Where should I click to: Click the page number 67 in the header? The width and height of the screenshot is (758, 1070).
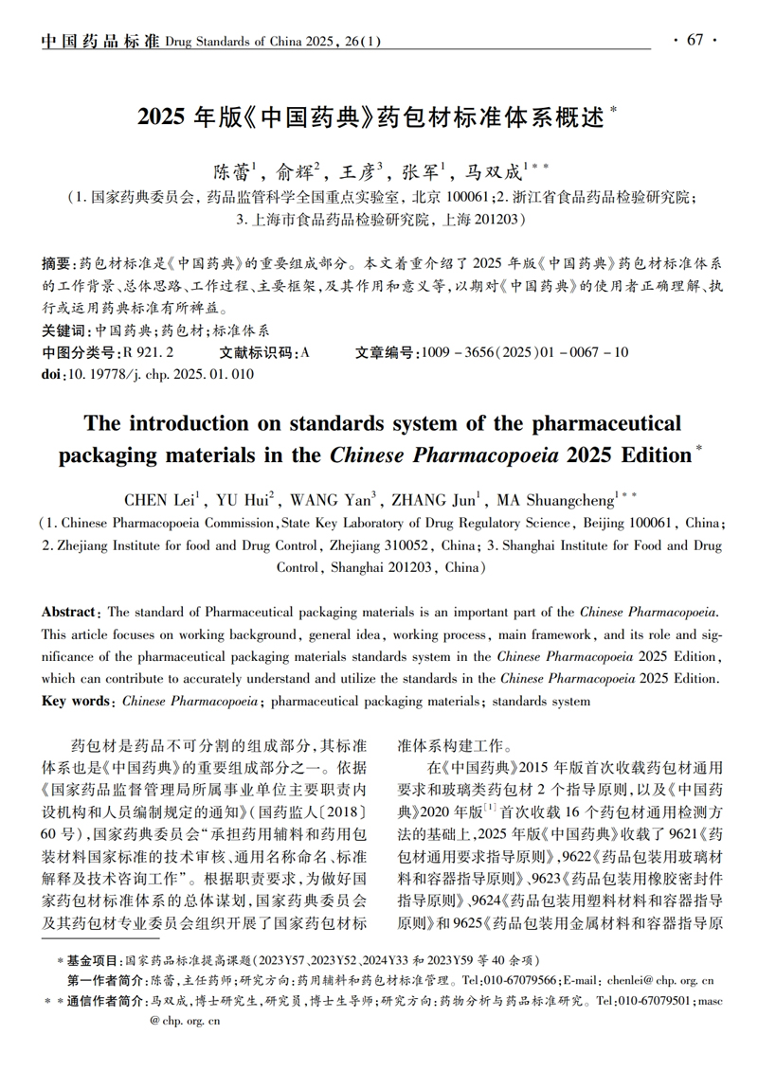tap(695, 40)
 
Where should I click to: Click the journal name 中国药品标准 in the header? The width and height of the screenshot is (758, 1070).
tap(100, 41)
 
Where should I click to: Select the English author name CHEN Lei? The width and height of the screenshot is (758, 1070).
tap(158, 499)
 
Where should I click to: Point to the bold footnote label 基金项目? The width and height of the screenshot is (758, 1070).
tap(92, 959)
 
